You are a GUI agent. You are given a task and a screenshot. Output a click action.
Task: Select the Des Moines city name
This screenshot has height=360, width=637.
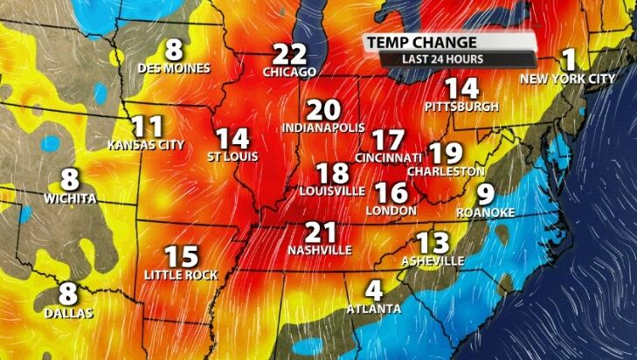click(174, 68)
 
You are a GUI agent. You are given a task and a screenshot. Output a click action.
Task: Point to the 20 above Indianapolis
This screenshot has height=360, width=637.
click(323, 110)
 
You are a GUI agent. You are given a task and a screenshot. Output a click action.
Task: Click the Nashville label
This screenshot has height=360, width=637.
click(319, 250)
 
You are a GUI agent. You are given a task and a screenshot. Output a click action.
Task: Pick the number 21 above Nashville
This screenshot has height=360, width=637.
click(320, 232)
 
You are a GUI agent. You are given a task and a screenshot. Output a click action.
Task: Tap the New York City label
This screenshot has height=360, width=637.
click(568, 79)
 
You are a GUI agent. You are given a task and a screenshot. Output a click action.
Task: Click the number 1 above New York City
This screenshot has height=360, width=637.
click(570, 59)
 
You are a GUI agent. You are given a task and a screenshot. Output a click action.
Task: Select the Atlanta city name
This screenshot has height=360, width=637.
click(373, 308)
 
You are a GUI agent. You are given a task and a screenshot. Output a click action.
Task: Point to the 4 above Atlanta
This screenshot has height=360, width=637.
click(374, 290)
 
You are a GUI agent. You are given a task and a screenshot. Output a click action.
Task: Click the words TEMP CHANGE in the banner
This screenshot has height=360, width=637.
click(421, 43)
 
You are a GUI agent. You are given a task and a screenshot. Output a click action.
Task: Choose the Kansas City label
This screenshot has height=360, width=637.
click(146, 144)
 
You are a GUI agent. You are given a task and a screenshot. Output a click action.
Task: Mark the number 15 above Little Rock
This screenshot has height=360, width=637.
click(182, 257)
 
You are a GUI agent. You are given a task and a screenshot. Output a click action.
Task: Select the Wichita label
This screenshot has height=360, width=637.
click(70, 198)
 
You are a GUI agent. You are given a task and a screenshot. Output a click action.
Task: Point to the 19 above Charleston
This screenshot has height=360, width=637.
click(446, 154)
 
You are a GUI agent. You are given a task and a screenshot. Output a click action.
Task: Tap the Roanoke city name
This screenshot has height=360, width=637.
click(486, 212)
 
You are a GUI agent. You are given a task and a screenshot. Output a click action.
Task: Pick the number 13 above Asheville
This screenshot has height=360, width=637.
click(433, 242)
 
